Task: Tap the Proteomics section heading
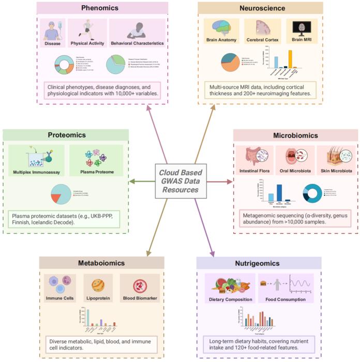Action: [67, 135]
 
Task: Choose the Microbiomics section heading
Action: [295, 135]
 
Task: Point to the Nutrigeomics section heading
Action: [259, 263]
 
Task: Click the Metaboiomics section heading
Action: [101, 263]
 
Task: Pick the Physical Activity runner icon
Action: [86, 30]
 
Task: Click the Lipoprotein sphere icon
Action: [98, 285]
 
